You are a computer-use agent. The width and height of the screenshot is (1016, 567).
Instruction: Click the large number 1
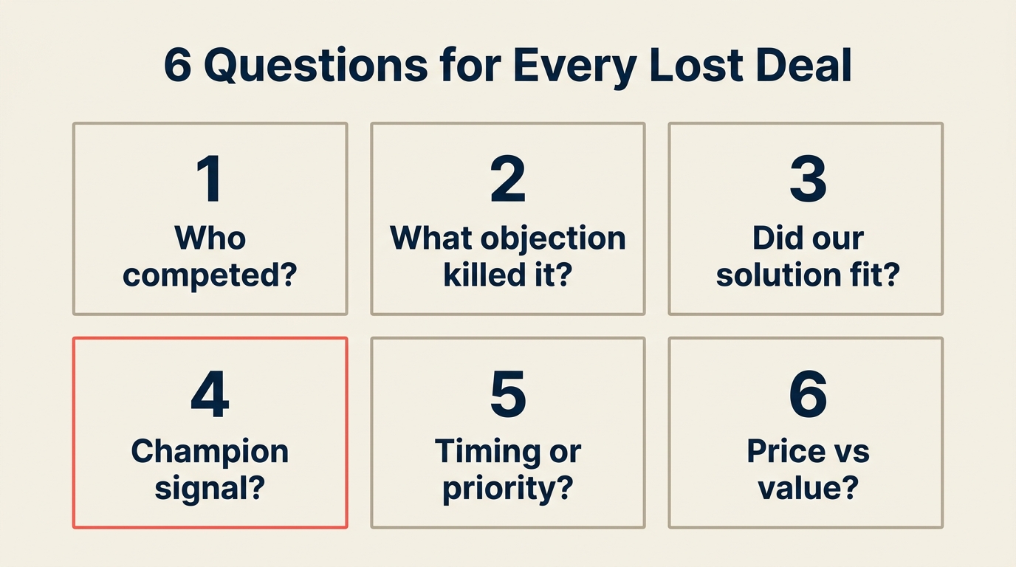(x=209, y=179)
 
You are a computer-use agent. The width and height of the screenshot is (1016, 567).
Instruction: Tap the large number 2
(x=508, y=179)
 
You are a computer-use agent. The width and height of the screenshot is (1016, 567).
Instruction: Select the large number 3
(x=807, y=179)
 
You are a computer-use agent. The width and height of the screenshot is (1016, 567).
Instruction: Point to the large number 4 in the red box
(x=210, y=394)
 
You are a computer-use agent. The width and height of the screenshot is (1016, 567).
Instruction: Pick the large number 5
(x=508, y=394)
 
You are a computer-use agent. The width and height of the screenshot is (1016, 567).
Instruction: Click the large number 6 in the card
(x=807, y=394)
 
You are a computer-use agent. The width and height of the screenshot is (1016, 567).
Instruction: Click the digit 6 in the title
(x=177, y=66)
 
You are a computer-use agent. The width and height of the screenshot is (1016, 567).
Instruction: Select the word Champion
(x=210, y=451)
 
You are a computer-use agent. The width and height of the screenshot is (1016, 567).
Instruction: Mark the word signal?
(x=210, y=488)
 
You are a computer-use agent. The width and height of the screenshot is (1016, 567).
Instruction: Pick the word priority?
(x=508, y=489)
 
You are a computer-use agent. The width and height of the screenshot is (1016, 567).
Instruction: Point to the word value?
(x=807, y=488)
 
